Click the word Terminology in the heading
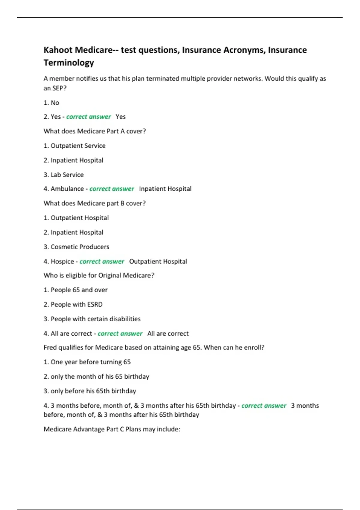[69, 63]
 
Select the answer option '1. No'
[51, 103]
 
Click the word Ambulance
[67, 189]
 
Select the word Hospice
[62, 261]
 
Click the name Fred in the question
[50, 347]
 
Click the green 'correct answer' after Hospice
[102, 261]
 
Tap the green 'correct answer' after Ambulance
[112, 189]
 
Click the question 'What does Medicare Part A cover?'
[95, 131]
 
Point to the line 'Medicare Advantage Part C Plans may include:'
[112, 429]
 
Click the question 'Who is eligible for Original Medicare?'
[99, 275]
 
